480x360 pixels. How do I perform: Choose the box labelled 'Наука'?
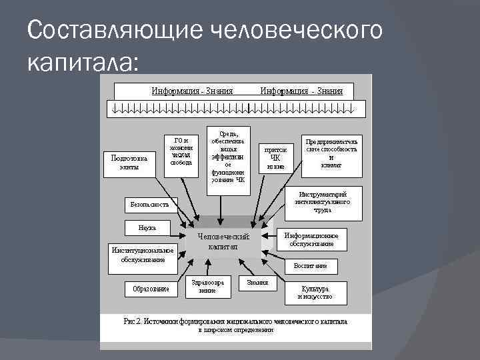147,227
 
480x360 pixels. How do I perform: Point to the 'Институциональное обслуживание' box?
143,256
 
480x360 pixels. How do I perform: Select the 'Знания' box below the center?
257,283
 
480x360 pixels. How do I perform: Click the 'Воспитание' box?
311,266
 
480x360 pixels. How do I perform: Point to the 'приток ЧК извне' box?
275,158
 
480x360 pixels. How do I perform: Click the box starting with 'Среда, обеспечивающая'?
227,159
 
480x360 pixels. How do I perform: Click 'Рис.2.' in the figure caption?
133,321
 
